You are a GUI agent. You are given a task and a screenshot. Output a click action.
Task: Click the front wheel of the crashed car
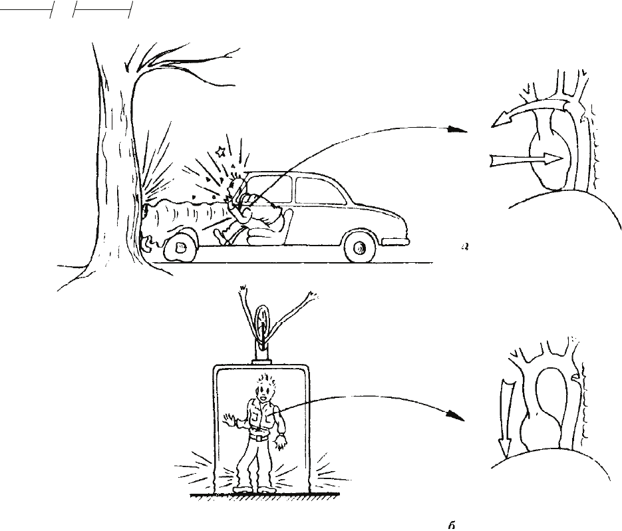click(180, 246)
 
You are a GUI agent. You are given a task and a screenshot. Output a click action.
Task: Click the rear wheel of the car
click(360, 248)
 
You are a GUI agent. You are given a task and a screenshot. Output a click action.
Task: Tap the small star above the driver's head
click(220, 151)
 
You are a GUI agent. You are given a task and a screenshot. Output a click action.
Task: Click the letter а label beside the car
click(465, 248)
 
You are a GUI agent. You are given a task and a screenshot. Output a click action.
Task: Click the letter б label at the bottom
click(452, 525)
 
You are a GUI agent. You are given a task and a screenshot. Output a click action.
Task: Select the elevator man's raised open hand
click(230, 419)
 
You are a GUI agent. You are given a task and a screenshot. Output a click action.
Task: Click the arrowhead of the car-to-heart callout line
click(458, 129)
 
